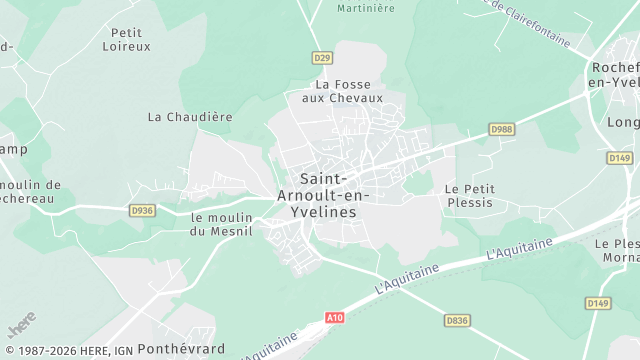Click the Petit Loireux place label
coord(126,39)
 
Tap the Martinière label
coord(365,8)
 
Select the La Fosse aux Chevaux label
coord(342,91)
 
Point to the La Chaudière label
coord(190,116)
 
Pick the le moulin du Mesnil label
coord(222,223)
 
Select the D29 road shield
coord(321,58)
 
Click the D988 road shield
coord(501,129)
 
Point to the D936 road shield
coord(142,210)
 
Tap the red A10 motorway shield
coord(334,317)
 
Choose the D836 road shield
coord(457,320)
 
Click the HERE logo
coord(21,326)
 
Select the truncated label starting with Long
coord(622,122)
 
